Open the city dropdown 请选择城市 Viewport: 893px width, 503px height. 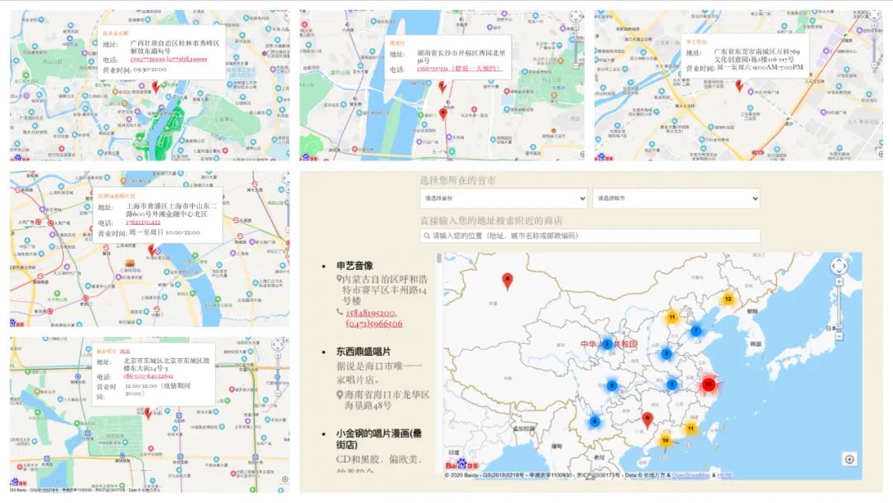(x=676, y=199)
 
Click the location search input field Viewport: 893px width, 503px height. (x=590, y=236)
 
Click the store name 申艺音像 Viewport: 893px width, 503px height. (x=354, y=266)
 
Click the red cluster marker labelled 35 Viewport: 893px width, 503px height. (x=709, y=385)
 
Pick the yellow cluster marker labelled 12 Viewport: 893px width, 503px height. (x=728, y=299)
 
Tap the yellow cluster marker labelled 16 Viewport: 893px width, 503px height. (x=665, y=441)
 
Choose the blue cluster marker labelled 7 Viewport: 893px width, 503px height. (x=695, y=331)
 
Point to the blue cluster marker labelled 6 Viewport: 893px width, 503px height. (x=595, y=421)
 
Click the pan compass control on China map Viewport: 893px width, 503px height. (x=838, y=266)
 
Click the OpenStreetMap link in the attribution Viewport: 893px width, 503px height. (x=690, y=476)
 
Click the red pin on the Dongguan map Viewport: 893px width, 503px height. (x=739, y=84)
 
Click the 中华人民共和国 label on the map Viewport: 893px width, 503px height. (x=609, y=344)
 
